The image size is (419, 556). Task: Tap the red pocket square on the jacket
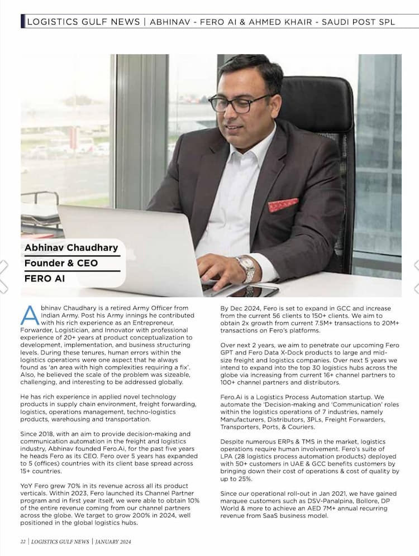283,205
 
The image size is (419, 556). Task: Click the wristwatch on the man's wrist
246,268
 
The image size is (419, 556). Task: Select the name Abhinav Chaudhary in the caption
72,247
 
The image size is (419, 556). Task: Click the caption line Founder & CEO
61,263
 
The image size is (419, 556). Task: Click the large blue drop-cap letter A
30,316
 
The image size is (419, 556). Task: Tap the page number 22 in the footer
23,541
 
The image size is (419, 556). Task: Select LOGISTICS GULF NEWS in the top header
83,22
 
